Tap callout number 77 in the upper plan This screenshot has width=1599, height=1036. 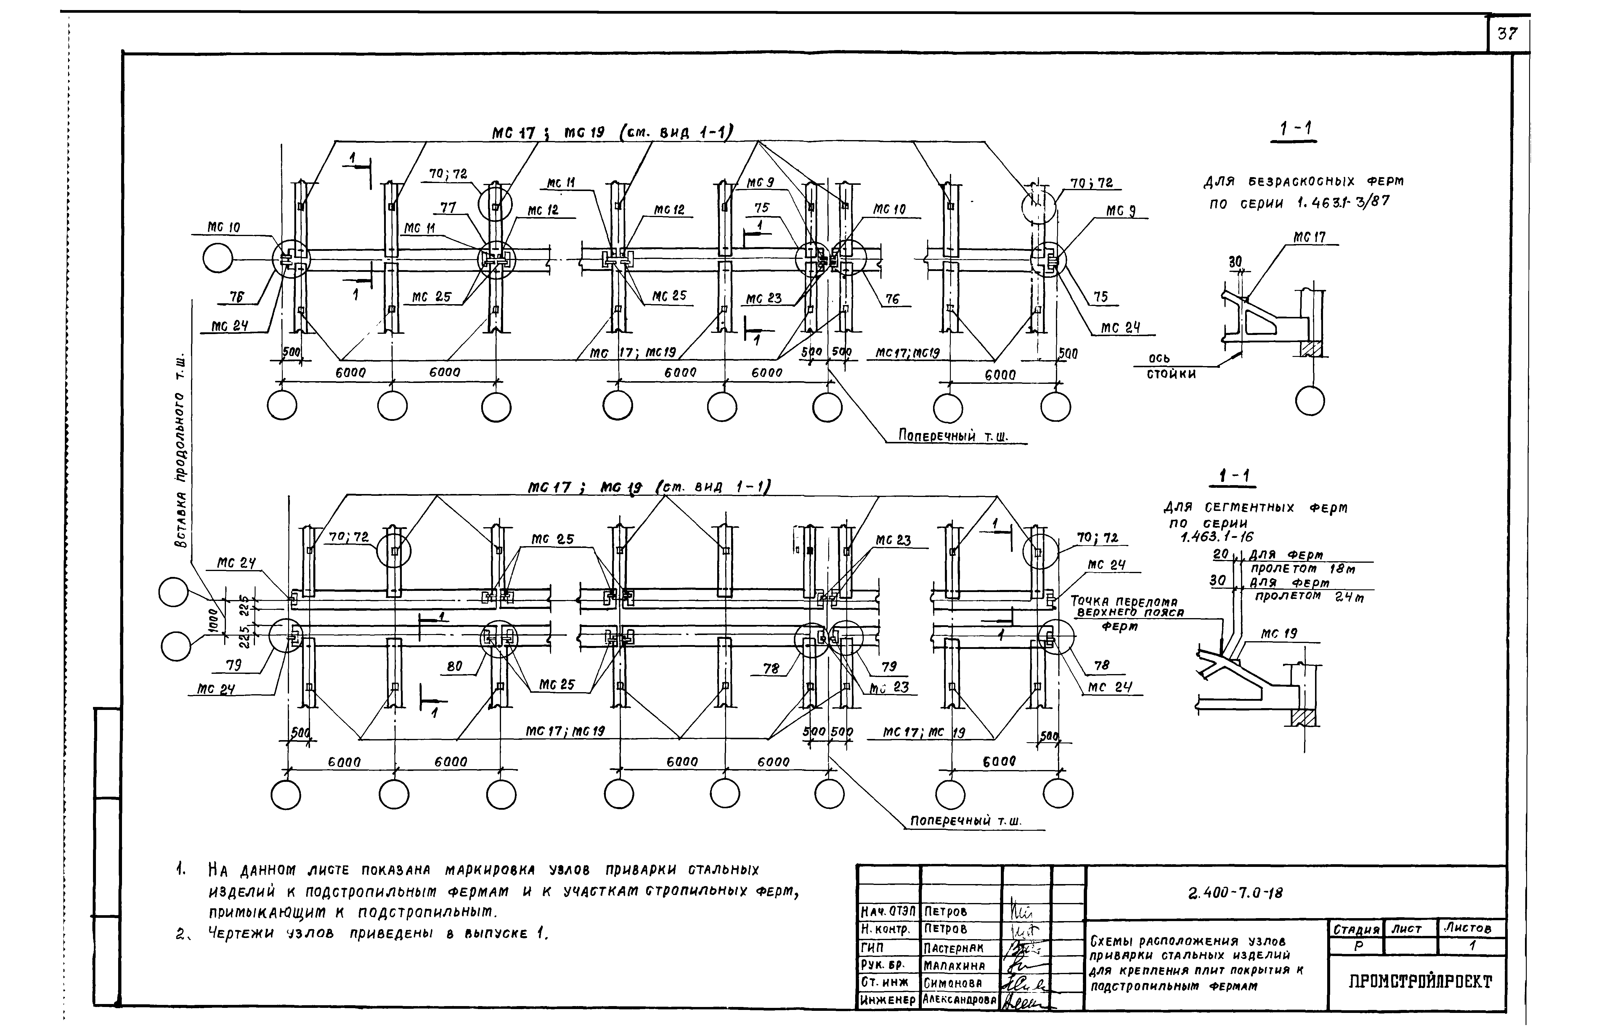(x=448, y=208)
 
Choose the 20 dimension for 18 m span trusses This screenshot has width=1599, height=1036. (x=1220, y=555)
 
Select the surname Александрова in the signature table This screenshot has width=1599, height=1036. (x=959, y=1000)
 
